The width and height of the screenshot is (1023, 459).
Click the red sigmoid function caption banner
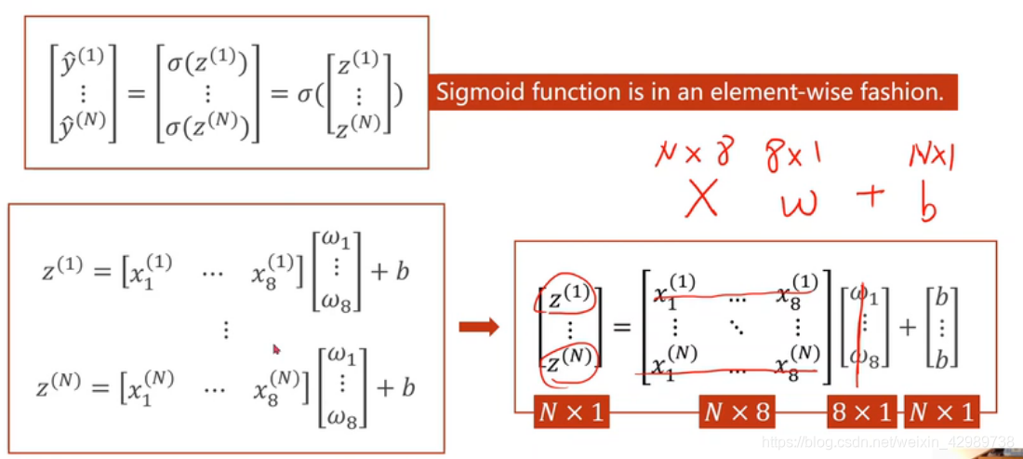(x=692, y=92)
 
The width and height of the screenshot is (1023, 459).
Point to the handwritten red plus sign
(x=870, y=197)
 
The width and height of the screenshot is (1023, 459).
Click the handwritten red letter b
(x=927, y=202)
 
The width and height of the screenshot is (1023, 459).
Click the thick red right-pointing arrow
(x=480, y=327)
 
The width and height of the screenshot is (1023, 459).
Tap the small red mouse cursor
(x=276, y=350)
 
